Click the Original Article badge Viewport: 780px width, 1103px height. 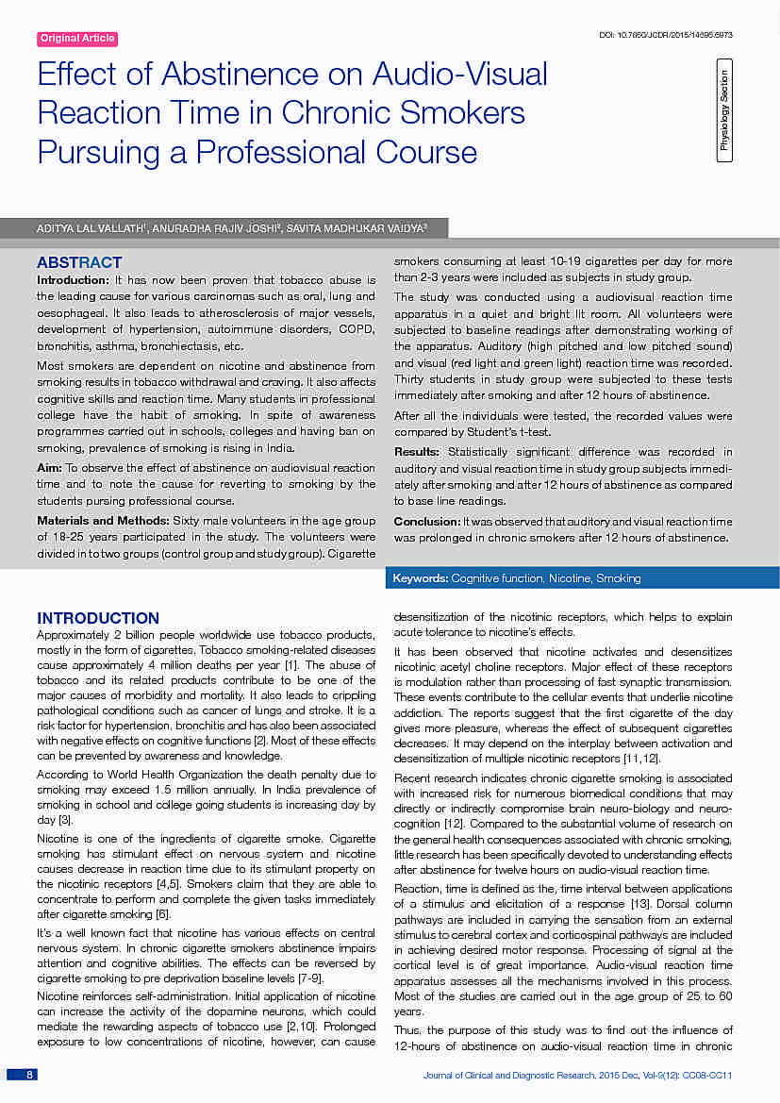pos(77,39)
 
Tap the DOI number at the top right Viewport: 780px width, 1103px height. pos(666,35)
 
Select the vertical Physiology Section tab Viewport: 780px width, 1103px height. pos(724,109)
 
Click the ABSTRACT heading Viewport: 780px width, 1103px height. pos(79,262)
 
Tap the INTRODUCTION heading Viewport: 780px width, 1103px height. pos(98,618)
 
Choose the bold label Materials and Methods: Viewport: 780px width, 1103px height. pos(102,521)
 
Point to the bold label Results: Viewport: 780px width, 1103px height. pos(416,452)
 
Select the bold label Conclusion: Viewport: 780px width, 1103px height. pos(426,521)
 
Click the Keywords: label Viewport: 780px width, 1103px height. pos(421,577)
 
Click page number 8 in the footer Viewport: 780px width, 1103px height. pos(29,1075)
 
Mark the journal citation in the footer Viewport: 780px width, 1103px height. pos(577,1075)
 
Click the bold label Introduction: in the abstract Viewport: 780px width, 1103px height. pos(73,280)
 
